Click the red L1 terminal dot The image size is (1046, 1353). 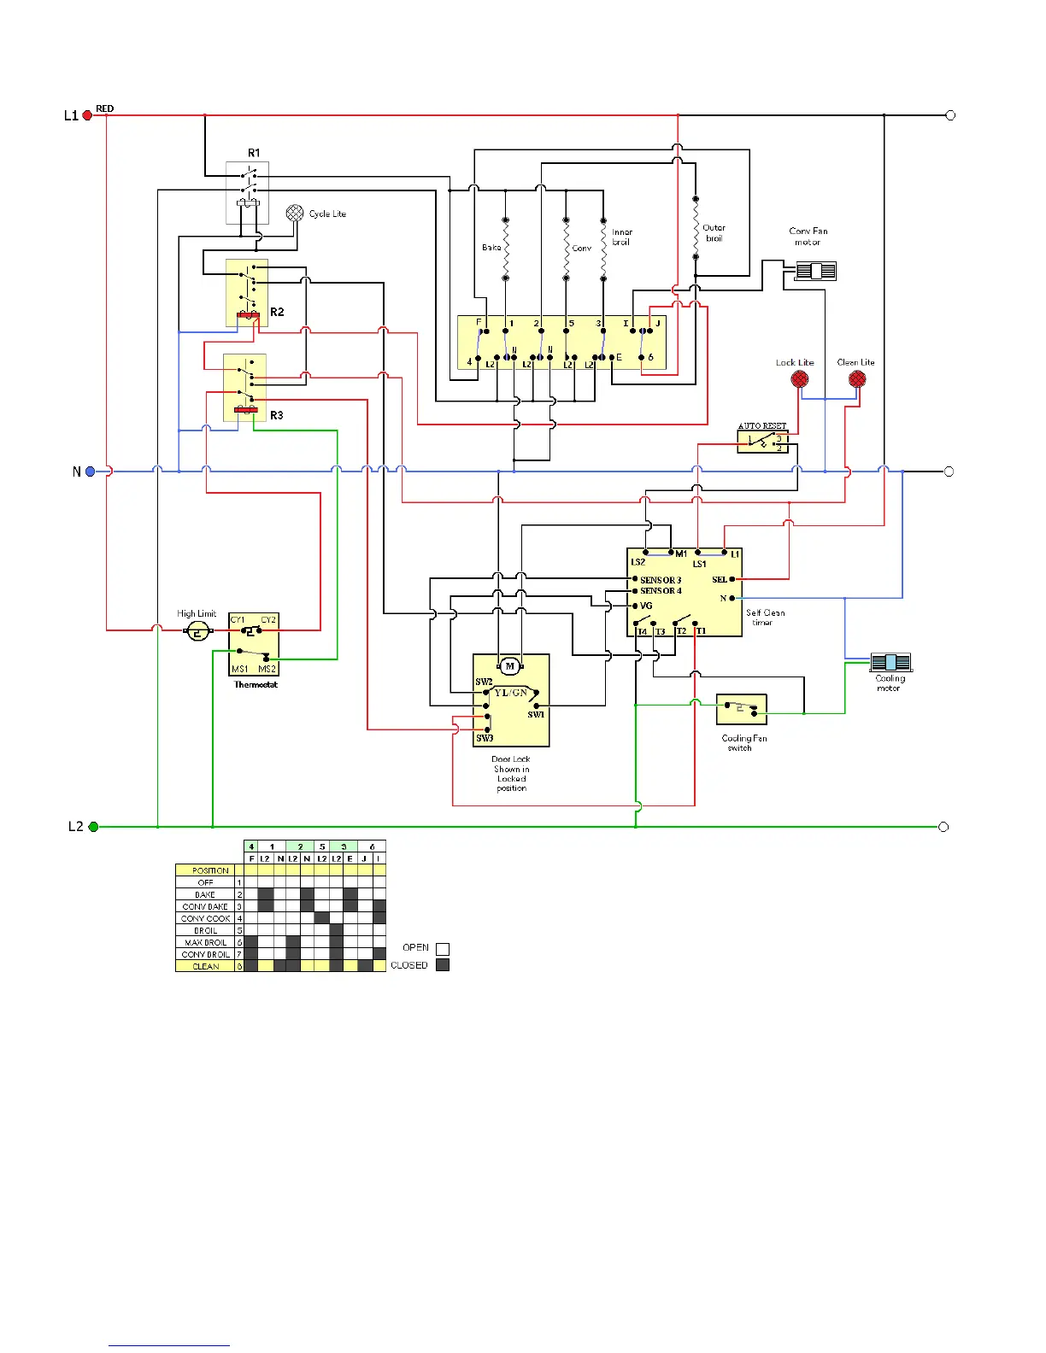(87, 115)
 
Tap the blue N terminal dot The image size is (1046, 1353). (90, 471)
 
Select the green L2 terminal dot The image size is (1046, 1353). (93, 827)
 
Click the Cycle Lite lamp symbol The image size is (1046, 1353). (295, 214)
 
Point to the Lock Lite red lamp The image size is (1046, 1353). (800, 379)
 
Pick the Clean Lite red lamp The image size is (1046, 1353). (857, 379)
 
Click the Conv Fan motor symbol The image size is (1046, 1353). (815, 272)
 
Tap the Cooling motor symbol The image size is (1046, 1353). (890, 662)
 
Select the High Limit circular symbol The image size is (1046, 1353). (198, 631)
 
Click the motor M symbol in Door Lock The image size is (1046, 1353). (510, 666)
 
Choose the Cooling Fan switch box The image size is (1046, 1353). (742, 709)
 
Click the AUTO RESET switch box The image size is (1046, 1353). (763, 442)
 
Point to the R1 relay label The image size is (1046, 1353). (254, 153)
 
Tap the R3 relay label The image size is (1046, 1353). (277, 415)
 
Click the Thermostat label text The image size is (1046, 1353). (256, 685)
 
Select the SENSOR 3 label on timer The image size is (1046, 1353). (661, 580)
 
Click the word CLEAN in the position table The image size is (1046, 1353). (206, 967)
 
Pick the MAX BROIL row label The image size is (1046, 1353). (206, 943)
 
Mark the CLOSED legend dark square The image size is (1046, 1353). (443, 965)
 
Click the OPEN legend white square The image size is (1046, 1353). (443, 948)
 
